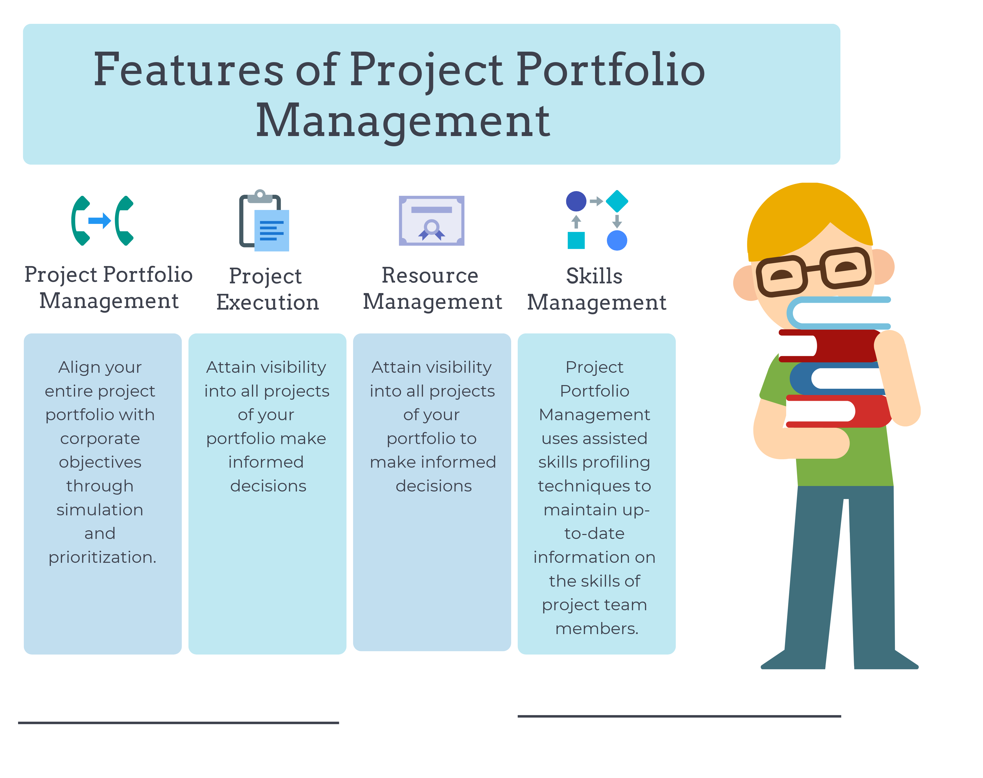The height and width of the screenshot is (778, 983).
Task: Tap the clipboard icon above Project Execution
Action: pos(264,221)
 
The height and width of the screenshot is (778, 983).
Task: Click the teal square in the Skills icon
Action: pos(576,240)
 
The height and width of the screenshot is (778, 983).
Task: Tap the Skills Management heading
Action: pos(596,289)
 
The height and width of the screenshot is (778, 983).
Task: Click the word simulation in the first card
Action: pos(100,510)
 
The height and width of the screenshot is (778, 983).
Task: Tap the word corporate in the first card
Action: pos(100,439)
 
